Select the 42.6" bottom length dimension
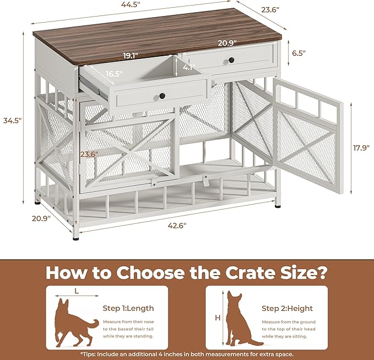177,225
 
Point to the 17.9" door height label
360,147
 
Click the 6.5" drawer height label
299,53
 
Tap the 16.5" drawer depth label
115,73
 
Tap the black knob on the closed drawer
231,60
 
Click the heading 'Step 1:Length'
128,308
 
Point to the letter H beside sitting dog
217,318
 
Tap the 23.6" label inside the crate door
88,154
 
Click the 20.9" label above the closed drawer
226,42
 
